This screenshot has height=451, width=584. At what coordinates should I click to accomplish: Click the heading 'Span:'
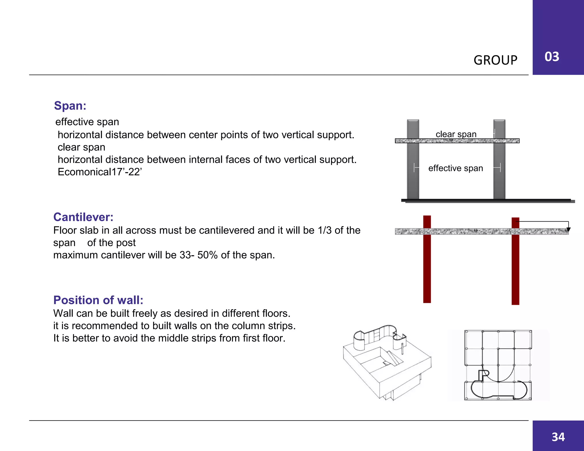(x=70, y=106)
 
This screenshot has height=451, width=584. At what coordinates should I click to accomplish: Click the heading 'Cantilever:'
(x=83, y=217)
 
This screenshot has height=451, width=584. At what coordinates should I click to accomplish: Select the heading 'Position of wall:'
(x=98, y=300)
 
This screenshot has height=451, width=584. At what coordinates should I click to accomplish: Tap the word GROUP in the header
(x=495, y=60)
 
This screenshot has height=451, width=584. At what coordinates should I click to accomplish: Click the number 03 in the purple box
(x=552, y=57)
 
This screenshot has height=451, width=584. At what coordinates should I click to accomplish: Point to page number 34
(x=558, y=437)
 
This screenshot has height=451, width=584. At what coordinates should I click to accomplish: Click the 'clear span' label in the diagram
(x=456, y=134)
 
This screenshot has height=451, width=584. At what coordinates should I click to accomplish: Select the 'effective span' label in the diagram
(x=455, y=168)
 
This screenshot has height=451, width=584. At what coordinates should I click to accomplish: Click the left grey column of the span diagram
(x=413, y=177)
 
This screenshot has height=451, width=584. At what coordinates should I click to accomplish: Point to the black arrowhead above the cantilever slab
(x=568, y=229)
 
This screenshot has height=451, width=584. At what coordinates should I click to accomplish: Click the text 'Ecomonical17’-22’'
(x=100, y=172)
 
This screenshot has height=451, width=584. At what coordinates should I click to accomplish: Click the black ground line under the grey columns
(x=488, y=201)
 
